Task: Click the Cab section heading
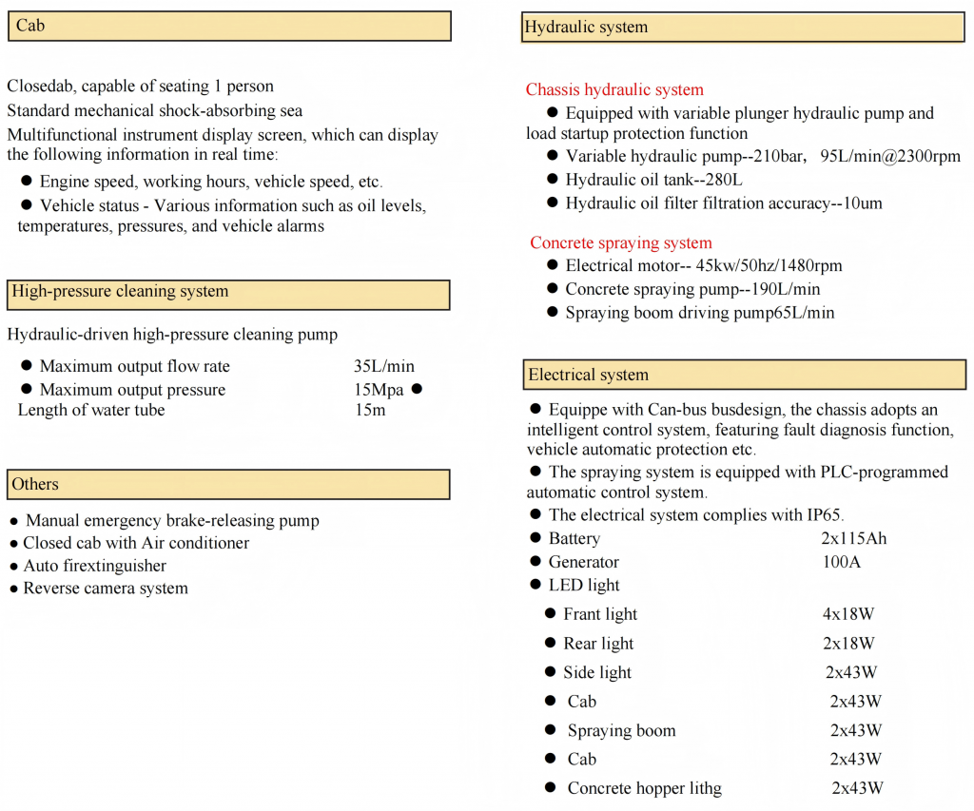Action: tap(30, 26)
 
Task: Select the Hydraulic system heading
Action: tap(586, 28)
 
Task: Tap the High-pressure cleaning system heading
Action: tap(120, 292)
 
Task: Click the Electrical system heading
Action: tap(589, 375)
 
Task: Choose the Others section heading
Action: tap(35, 484)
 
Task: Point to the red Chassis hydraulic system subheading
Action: tap(614, 89)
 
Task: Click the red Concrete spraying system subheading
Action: tap(620, 242)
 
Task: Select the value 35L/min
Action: tap(384, 366)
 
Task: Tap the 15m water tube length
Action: tap(370, 411)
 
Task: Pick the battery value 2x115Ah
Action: tap(854, 539)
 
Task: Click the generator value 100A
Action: tap(841, 562)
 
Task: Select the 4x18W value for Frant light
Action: tap(850, 614)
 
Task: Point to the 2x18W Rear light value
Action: tap(848, 644)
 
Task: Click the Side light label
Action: tap(597, 673)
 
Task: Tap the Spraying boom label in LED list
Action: tap(621, 731)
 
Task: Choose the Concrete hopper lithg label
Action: tap(644, 788)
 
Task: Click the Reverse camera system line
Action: tap(106, 589)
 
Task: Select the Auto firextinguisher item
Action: tap(95, 566)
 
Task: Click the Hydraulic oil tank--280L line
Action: tap(653, 180)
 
